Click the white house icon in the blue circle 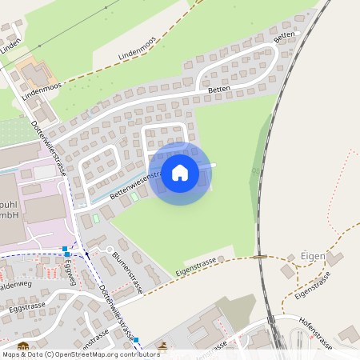[x=180, y=172]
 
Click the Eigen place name [x=313, y=257]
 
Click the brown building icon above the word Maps [x=22, y=347]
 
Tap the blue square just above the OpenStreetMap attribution [x=137, y=340]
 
